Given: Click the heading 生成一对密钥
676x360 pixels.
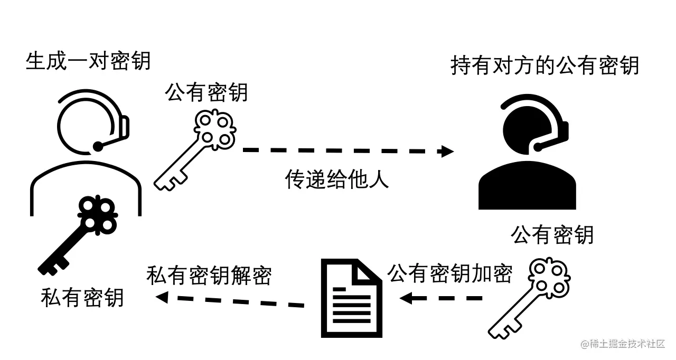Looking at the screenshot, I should (x=88, y=61).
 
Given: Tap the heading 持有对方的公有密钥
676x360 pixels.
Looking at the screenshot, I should (x=544, y=67).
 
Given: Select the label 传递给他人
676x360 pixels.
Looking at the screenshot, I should (x=337, y=179).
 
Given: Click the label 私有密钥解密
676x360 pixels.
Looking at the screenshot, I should (x=209, y=275).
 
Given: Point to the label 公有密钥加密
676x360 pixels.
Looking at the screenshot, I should (x=450, y=274).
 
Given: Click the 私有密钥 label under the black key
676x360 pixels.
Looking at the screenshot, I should (x=82, y=298).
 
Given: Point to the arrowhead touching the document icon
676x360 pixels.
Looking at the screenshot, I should (x=406, y=299).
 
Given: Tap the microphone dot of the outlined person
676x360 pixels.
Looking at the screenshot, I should (x=98, y=145).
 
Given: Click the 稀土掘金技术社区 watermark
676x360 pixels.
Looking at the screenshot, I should (x=623, y=344).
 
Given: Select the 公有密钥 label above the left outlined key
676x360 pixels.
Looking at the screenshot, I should (x=206, y=93).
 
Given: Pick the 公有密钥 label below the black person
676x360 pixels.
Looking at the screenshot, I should (x=552, y=235).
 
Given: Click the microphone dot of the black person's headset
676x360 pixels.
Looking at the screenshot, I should (x=538, y=145).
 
